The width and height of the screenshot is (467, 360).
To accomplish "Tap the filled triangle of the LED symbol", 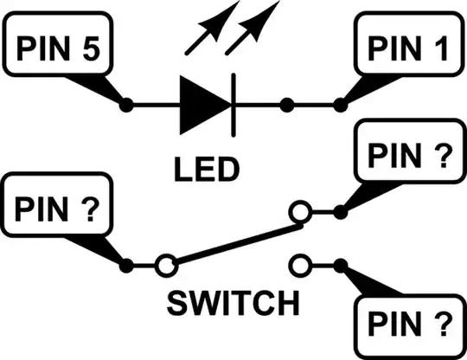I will (x=203, y=106).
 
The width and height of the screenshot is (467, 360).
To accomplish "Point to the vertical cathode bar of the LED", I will (x=233, y=106).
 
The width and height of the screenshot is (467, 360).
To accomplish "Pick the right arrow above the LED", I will (x=256, y=25).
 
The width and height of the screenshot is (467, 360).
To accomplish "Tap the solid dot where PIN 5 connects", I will (x=127, y=106).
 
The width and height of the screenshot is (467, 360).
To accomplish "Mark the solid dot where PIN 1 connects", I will (x=339, y=106).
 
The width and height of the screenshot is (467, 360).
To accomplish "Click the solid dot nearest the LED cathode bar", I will (x=285, y=106).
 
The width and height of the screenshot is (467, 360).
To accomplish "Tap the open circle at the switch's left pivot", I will (x=166, y=262).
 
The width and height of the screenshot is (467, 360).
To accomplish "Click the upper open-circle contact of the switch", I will (x=298, y=211).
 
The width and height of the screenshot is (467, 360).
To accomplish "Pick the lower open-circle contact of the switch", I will (x=298, y=262).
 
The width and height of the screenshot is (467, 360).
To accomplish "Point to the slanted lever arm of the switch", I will (x=233, y=243).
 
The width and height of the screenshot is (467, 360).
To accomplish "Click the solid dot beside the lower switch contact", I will (x=340, y=263).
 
